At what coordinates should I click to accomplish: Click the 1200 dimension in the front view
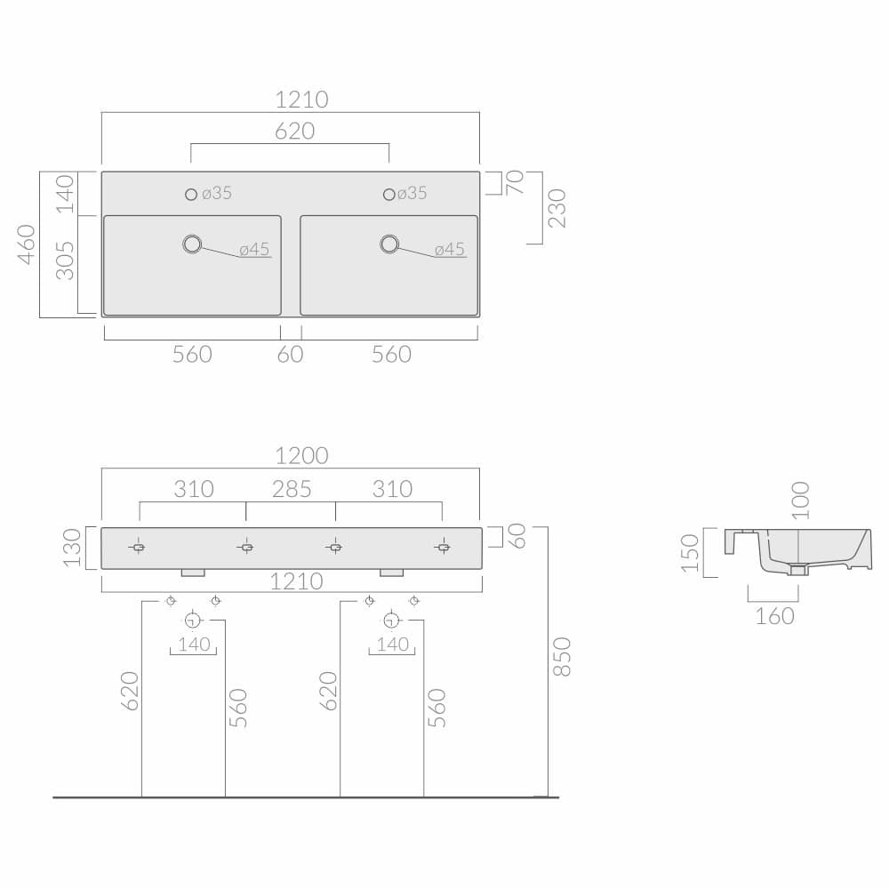pyautogui.click(x=301, y=456)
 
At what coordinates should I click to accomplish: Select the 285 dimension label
pyautogui.click(x=292, y=489)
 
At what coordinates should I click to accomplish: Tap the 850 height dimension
pyautogui.click(x=562, y=656)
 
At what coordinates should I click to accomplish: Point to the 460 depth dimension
pyautogui.click(x=26, y=244)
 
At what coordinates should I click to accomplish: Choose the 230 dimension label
pyautogui.click(x=557, y=207)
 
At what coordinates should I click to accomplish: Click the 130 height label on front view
pyautogui.click(x=72, y=548)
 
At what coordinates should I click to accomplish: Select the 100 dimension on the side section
pyautogui.click(x=800, y=500)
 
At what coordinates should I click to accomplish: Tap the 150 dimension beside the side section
pyautogui.click(x=690, y=553)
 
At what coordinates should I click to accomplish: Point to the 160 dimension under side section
pyautogui.click(x=774, y=615)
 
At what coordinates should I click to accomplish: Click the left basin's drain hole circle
pyautogui.click(x=192, y=244)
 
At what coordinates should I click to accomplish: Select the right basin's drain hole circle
pyautogui.click(x=389, y=244)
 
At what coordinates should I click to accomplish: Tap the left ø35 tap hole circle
pyautogui.click(x=191, y=194)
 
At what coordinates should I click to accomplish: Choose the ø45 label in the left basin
pyautogui.click(x=254, y=249)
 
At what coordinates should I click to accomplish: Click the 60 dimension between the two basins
pyautogui.click(x=291, y=354)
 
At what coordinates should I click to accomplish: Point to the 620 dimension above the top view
pyautogui.click(x=294, y=131)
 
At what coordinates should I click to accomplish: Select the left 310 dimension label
pyautogui.click(x=194, y=489)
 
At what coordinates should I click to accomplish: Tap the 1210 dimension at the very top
pyautogui.click(x=300, y=100)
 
